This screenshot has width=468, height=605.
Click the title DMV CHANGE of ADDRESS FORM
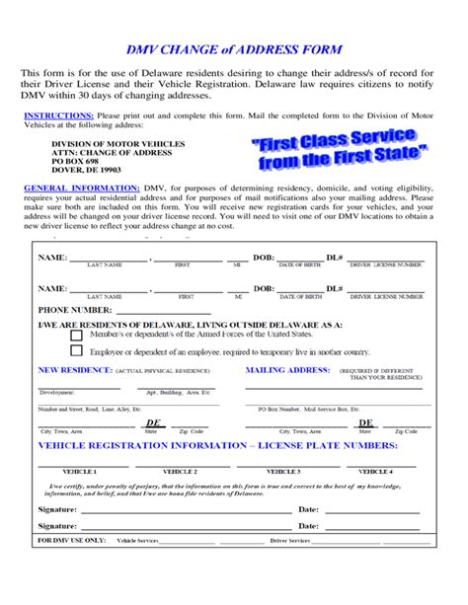[235, 48]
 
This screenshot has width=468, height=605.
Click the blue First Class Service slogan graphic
[340, 149]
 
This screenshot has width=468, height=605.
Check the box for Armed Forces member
[76, 335]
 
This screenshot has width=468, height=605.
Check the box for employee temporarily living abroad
[76, 351]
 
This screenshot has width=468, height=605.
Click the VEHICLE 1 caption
[79, 472]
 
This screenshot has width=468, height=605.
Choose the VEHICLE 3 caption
[283, 472]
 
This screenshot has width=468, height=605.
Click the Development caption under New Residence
[57, 393]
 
